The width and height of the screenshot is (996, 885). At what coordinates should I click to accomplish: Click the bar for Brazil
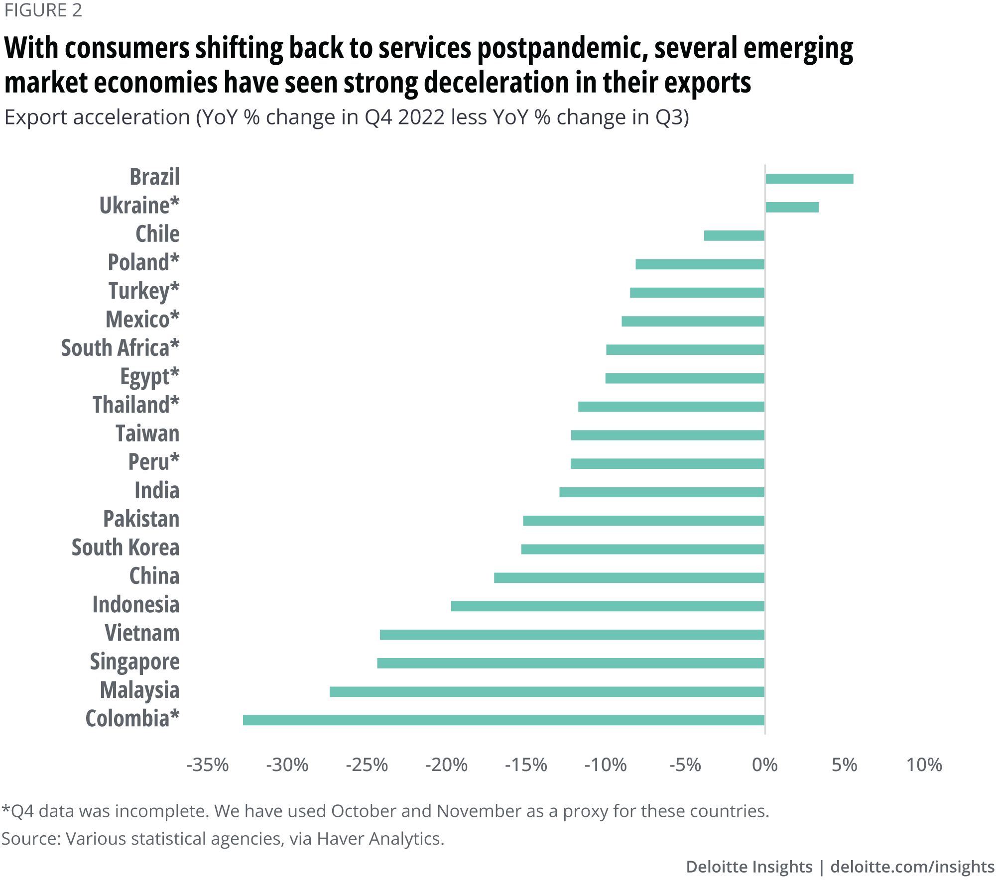[x=809, y=179]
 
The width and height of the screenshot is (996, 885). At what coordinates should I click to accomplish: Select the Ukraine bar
[x=792, y=207]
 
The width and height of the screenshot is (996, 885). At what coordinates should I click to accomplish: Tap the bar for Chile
[x=734, y=235]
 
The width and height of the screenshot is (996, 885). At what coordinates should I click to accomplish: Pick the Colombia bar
[x=503, y=720]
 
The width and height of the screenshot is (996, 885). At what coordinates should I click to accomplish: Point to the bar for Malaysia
[x=547, y=691]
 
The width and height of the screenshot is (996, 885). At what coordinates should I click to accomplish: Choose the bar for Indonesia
[x=608, y=606]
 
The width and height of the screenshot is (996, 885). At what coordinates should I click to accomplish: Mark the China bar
[x=629, y=577]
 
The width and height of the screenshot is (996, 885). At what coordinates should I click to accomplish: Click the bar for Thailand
[x=671, y=407]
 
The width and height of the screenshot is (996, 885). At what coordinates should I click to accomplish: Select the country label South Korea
[x=125, y=548]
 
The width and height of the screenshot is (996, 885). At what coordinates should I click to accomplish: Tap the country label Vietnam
[x=142, y=633]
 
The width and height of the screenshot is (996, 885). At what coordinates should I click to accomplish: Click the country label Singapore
[x=134, y=662]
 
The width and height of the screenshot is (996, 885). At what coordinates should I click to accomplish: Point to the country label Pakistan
[x=141, y=519]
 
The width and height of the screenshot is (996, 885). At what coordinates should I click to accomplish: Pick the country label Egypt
[x=149, y=377]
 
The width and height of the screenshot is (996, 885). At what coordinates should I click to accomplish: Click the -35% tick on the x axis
[x=208, y=765]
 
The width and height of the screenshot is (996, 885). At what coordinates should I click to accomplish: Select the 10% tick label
[x=924, y=765]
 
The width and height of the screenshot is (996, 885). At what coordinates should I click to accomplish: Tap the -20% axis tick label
[x=446, y=765]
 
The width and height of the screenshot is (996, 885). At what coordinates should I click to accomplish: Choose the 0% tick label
[x=765, y=765]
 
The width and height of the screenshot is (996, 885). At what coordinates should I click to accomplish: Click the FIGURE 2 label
[x=43, y=10]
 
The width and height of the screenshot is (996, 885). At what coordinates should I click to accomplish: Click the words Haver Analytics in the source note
[x=380, y=839]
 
